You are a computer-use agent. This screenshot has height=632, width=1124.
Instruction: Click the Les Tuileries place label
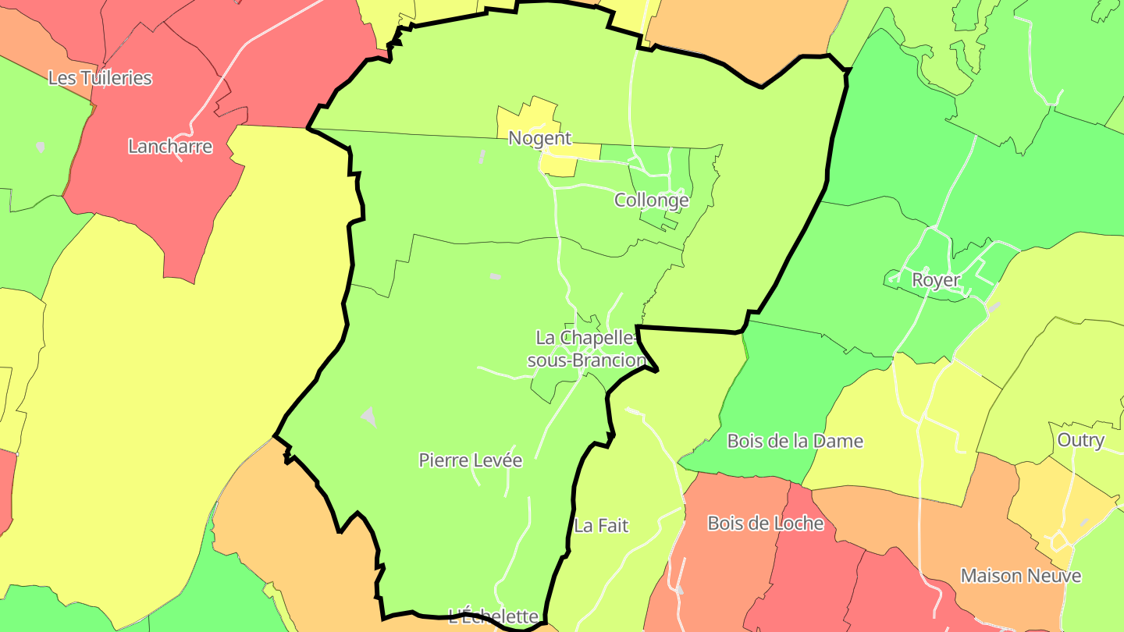pos(100,78)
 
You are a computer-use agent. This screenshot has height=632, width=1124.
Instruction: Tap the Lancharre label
pos(169,146)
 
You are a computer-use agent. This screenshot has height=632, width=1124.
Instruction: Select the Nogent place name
pos(540,138)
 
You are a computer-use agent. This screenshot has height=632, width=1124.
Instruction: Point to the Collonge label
pos(652,200)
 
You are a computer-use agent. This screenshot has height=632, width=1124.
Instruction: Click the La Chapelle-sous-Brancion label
pos(587,349)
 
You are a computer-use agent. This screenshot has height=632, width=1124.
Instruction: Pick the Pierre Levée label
pos(470,460)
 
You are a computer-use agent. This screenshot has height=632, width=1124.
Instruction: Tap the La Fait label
pos(601,526)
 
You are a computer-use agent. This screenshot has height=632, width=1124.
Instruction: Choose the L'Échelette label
pos(493,616)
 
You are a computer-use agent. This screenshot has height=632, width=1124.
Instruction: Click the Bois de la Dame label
pos(795,441)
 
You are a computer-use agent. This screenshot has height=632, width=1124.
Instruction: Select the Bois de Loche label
pos(765,523)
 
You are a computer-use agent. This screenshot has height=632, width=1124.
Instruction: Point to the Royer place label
pos(935,279)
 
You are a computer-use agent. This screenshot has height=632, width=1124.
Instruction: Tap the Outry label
pos(1080,440)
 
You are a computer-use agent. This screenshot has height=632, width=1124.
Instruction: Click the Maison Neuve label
pos(1020,576)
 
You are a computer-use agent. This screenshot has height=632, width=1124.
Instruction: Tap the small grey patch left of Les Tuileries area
pos(40,146)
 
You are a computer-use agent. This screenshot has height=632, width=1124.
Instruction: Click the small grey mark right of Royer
pos(994,307)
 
